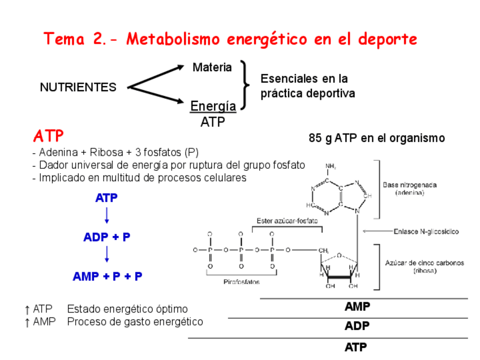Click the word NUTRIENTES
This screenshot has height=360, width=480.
click(78, 87)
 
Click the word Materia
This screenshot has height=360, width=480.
click(212, 67)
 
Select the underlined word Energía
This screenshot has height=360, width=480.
click(213, 106)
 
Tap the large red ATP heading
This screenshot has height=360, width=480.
click(49, 136)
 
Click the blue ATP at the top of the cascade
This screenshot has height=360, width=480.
click(106, 198)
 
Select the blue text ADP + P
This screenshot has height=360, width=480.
click(106, 237)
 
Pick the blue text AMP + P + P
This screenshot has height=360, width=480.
click(107, 276)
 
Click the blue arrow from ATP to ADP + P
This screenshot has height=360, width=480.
click(107, 216)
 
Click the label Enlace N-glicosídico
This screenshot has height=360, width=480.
click(426, 232)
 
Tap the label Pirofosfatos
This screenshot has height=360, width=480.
click(242, 281)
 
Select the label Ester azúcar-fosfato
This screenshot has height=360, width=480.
click(287, 220)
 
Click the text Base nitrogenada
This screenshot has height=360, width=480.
click(409, 185)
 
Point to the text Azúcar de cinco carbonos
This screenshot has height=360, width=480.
click(425, 263)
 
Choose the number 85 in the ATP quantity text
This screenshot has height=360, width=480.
click(315, 138)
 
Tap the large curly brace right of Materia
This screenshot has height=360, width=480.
click(245, 85)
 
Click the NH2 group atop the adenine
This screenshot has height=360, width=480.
click(331, 166)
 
